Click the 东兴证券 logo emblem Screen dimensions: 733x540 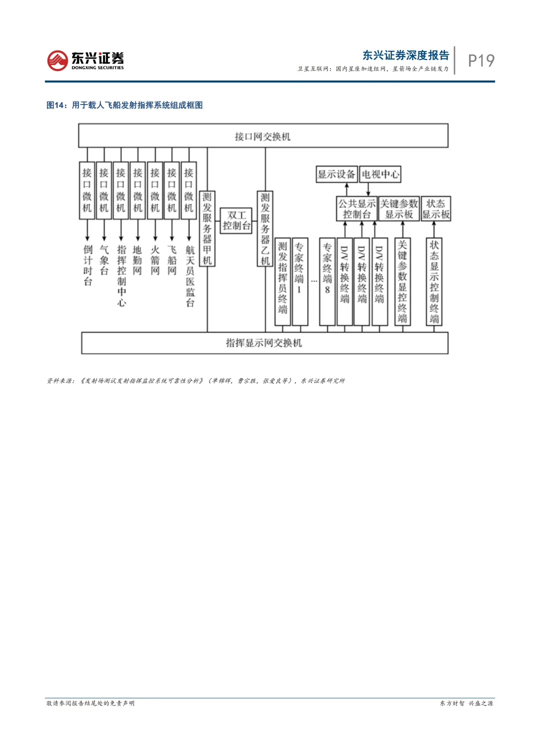[57, 60]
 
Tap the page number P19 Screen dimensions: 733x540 [481, 60]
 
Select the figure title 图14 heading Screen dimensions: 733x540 [124, 105]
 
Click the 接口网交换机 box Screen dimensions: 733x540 [263, 136]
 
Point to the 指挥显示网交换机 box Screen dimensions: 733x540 [264, 343]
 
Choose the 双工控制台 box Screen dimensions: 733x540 [236, 220]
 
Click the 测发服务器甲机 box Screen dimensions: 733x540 [207, 228]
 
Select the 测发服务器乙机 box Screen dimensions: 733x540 [265, 228]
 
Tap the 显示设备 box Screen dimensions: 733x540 [336, 174]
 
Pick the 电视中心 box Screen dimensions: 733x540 [380, 174]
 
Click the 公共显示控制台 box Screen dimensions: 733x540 [357, 209]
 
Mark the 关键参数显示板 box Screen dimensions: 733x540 [399, 209]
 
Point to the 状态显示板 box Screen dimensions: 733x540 [436, 209]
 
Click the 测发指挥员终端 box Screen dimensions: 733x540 [282, 281]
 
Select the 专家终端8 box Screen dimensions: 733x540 [327, 281]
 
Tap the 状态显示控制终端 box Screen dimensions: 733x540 [434, 281]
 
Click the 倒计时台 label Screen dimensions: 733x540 [88, 265]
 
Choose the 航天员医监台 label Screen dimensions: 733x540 [189, 276]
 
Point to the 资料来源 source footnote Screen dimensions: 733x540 [195, 381]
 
